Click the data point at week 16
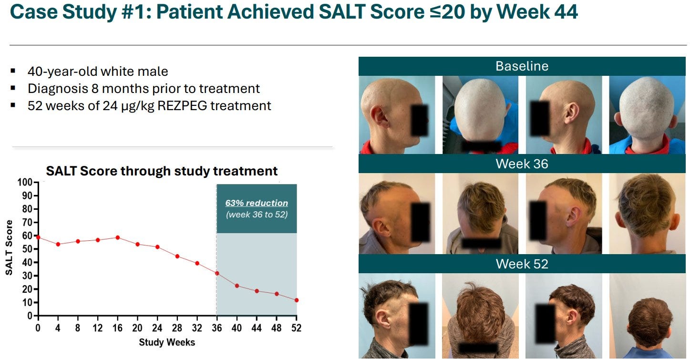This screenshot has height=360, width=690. (x=118, y=238)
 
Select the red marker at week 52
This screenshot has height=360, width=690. (x=297, y=300)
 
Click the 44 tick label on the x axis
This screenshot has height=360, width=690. (x=257, y=328)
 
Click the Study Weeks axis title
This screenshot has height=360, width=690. (x=167, y=342)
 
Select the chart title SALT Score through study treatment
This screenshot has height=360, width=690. (x=162, y=171)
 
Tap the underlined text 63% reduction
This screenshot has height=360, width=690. (x=257, y=203)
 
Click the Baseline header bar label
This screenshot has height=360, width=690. (x=522, y=66)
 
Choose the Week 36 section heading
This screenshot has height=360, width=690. (x=522, y=164)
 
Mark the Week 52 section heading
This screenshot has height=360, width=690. (x=522, y=264)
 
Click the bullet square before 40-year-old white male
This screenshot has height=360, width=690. (x=13, y=71)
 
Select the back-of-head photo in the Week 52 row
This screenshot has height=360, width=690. (x=648, y=316)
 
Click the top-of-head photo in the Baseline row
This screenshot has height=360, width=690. (x=481, y=115)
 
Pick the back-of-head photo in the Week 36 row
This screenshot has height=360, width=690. (x=648, y=214)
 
